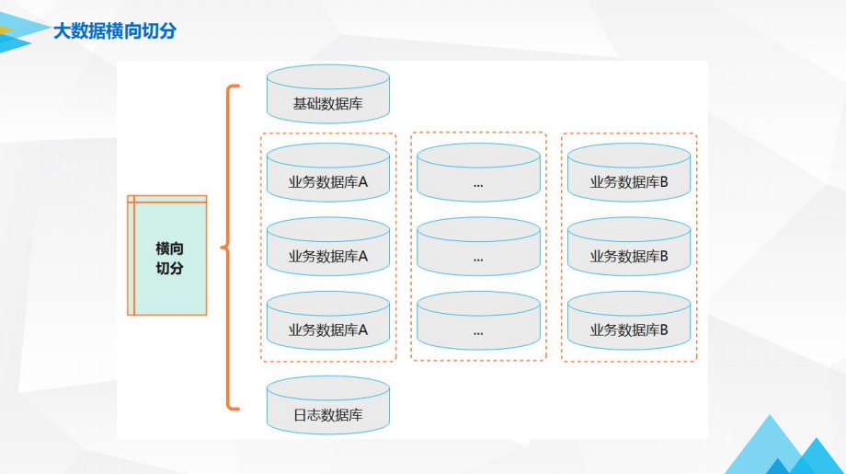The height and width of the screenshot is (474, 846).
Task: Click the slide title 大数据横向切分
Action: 115,31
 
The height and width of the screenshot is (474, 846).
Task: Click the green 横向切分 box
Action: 168,256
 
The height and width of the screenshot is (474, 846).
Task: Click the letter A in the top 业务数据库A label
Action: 363,182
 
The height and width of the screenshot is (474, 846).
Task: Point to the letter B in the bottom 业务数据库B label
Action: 663,329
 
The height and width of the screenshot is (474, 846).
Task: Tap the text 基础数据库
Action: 328,104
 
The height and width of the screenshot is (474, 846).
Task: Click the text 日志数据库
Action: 328,415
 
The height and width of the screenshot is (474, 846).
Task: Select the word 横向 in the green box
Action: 170,249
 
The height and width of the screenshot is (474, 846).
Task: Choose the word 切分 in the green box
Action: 170,268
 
